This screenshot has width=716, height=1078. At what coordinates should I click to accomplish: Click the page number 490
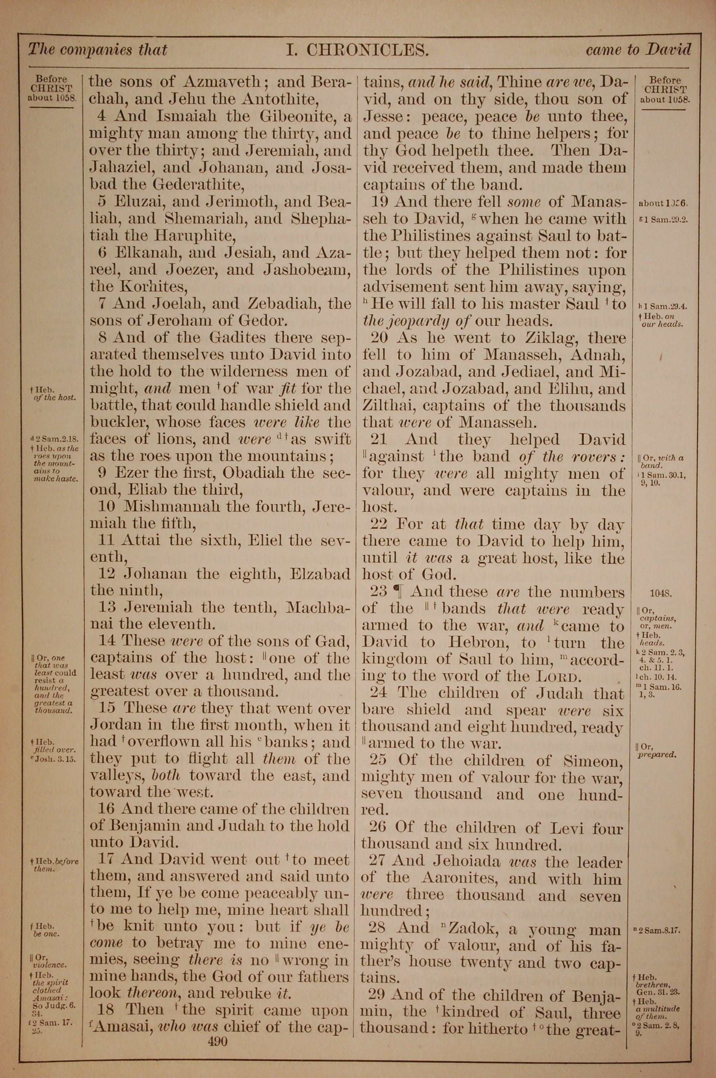tap(217, 1029)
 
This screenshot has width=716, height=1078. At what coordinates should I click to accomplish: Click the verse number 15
tap(107, 708)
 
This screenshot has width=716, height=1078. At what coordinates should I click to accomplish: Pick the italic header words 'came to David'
tap(638, 50)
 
